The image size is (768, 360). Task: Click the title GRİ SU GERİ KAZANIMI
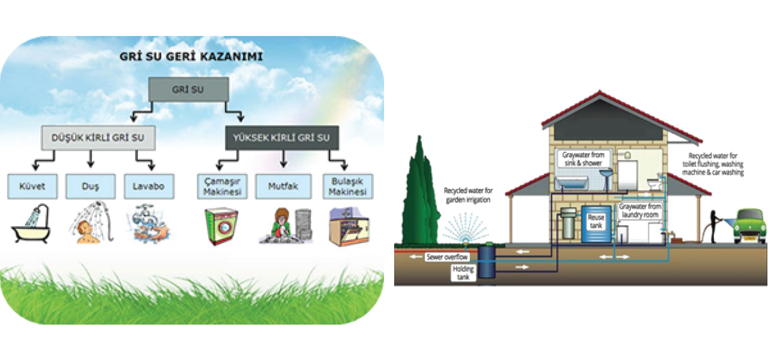click(190, 58)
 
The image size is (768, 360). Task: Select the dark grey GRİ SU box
click(188, 89)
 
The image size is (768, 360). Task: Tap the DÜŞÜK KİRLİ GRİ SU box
click(98, 138)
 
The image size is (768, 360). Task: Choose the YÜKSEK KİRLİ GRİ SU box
click(282, 138)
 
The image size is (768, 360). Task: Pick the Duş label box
click(90, 186)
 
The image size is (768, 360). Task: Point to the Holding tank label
click(464, 274)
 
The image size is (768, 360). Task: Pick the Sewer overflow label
click(446, 257)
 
